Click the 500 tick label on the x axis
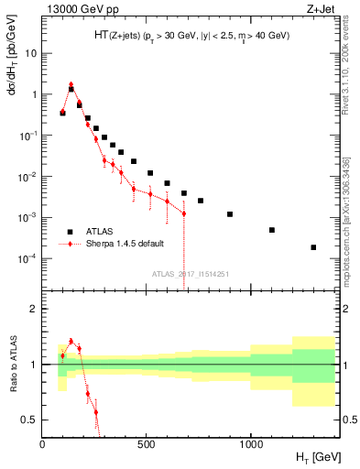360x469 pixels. pyautogui.click(x=147, y=444)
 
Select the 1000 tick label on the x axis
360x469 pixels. pyautogui.click(x=251, y=444)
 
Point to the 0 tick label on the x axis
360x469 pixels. pyautogui.click(x=42, y=444)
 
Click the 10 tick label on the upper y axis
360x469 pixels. pyautogui.click(x=30, y=53)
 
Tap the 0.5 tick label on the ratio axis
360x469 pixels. pyautogui.click(x=28, y=420)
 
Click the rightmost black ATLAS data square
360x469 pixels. pyautogui.click(x=313, y=247)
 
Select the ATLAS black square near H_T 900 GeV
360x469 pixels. pyautogui.click(x=230, y=214)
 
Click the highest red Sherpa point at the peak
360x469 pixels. pyautogui.click(x=71, y=84)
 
